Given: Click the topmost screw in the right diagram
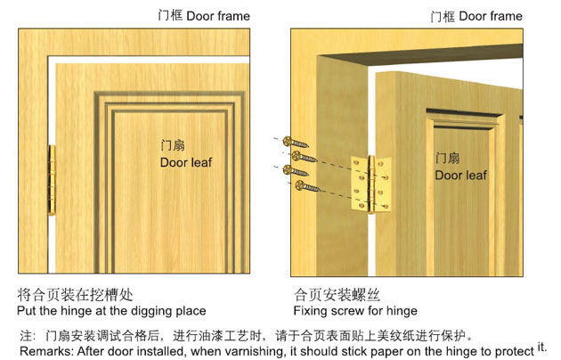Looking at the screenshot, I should coord(295,142).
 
